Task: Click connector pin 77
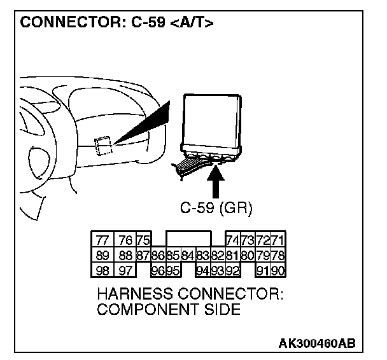point(102,241)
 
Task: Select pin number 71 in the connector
point(278,241)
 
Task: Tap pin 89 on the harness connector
point(102,256)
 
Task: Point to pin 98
point(102,270)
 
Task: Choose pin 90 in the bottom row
point(278,270)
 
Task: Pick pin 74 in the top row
point(233,241)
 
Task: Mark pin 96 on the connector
point(158,270)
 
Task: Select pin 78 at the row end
point(278,256)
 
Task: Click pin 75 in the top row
point(143,241)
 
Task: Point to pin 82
point(218,256)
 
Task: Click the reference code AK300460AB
point(316,344)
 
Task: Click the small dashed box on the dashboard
point(103,146)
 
